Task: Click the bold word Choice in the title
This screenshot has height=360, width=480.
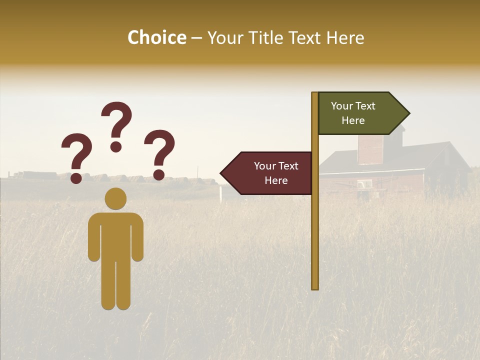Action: pos(156,37)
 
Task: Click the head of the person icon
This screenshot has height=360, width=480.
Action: pos(115,198)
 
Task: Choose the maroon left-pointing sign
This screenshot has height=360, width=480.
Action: pos(270,173)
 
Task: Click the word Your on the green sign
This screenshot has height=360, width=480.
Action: pos(341,106)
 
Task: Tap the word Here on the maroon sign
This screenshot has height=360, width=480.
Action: pos(276,180)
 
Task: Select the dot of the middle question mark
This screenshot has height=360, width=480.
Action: pos(116,146)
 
